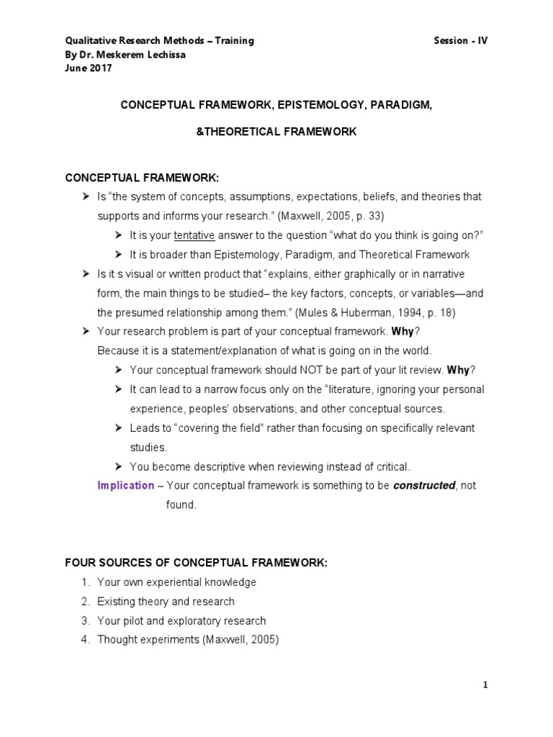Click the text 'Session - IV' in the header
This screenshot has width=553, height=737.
(x=460, y=40)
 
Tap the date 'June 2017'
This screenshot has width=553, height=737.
(x=89, y=68)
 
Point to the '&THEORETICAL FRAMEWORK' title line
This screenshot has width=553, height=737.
(x=276, y=132)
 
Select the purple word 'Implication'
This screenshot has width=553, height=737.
(x=126, y=485)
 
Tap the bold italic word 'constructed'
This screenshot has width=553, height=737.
(x=424, y=485)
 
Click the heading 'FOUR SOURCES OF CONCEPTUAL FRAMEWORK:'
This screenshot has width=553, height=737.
(x=196, y=563)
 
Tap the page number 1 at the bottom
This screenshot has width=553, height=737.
(x=485, y=685)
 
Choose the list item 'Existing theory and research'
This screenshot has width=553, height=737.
(x=166, y=601)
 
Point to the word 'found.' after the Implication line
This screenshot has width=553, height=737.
(x=176, y=505)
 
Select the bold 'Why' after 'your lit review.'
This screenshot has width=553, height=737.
(x=458, y=370)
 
